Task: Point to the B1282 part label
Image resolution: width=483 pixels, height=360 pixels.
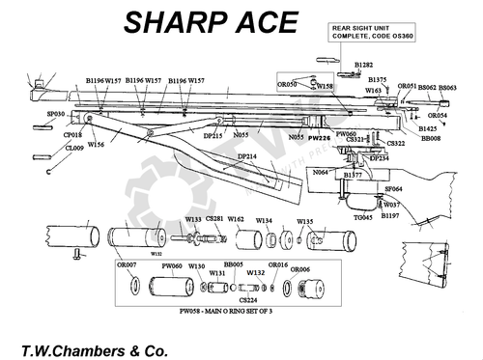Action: click(x=363, y=64)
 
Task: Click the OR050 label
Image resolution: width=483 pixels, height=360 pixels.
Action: click(x=286, y=86)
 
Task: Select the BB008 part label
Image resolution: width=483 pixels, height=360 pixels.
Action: click(x=432, y=139)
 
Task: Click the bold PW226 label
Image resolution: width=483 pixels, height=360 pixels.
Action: click(x=321, y=138)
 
